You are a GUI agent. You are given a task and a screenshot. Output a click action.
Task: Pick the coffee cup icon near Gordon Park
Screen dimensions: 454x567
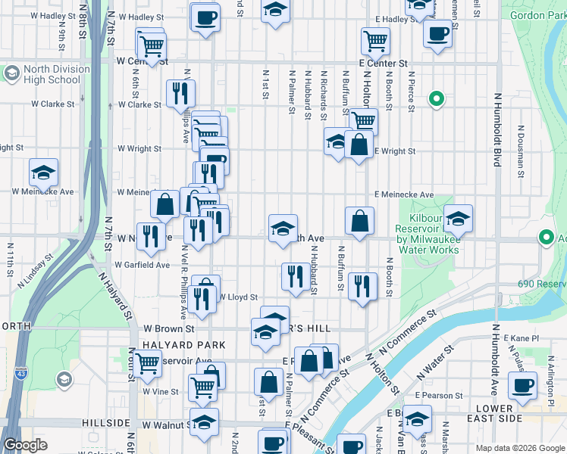click(x=437, y=34)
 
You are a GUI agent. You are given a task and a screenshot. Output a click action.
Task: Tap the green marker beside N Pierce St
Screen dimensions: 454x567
click(x=436, y=98)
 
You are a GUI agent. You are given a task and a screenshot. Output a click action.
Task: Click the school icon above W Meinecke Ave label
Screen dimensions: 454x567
click(x=44, y=172)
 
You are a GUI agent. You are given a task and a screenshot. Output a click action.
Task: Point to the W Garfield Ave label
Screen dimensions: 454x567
click(x=142, y=265)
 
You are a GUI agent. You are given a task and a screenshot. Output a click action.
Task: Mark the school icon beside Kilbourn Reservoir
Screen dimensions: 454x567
click(x=458, y=219)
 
